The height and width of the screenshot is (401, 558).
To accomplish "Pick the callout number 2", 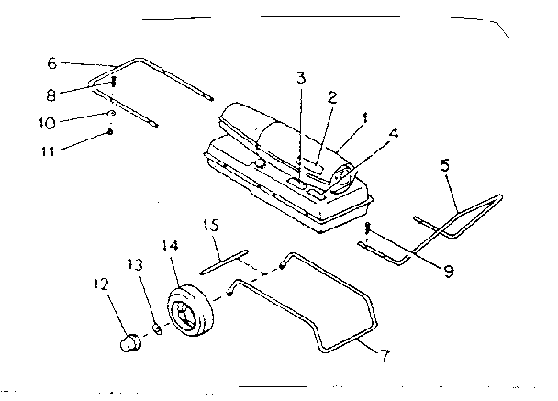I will click(332, 96).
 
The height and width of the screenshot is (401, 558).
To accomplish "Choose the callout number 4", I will click(393, 132).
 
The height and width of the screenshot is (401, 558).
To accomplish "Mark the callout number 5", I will click(446, 167).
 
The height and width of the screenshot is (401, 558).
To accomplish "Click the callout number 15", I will click(209, 226).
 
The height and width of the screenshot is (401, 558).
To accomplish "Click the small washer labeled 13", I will click(156, 328).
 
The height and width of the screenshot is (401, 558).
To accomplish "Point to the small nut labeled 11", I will click(109, 131).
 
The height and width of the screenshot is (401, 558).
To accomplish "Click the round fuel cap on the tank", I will click(260, 163).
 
